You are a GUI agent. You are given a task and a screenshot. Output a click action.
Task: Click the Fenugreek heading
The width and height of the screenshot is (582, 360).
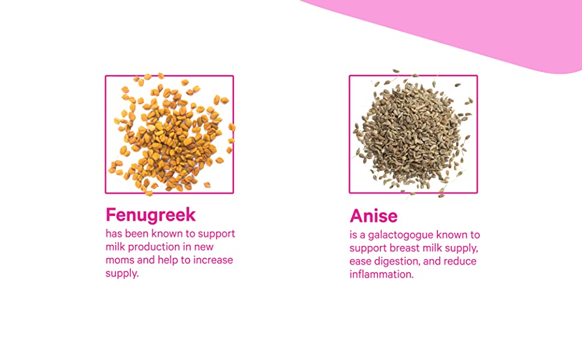pos(151,215)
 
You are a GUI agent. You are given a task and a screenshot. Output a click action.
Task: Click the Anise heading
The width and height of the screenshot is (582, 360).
pos(373,216)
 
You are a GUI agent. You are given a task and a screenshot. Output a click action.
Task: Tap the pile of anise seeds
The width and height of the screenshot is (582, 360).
pos(413,133)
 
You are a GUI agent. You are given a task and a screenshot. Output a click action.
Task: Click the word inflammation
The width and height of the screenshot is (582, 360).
pos(381,274)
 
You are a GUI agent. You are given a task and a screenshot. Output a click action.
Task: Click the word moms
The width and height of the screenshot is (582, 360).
pos(120,260)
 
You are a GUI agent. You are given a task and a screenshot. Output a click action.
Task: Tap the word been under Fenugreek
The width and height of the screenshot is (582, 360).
pos(137,234)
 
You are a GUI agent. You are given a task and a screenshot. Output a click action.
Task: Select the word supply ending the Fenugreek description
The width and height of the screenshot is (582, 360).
pos(122,274)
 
